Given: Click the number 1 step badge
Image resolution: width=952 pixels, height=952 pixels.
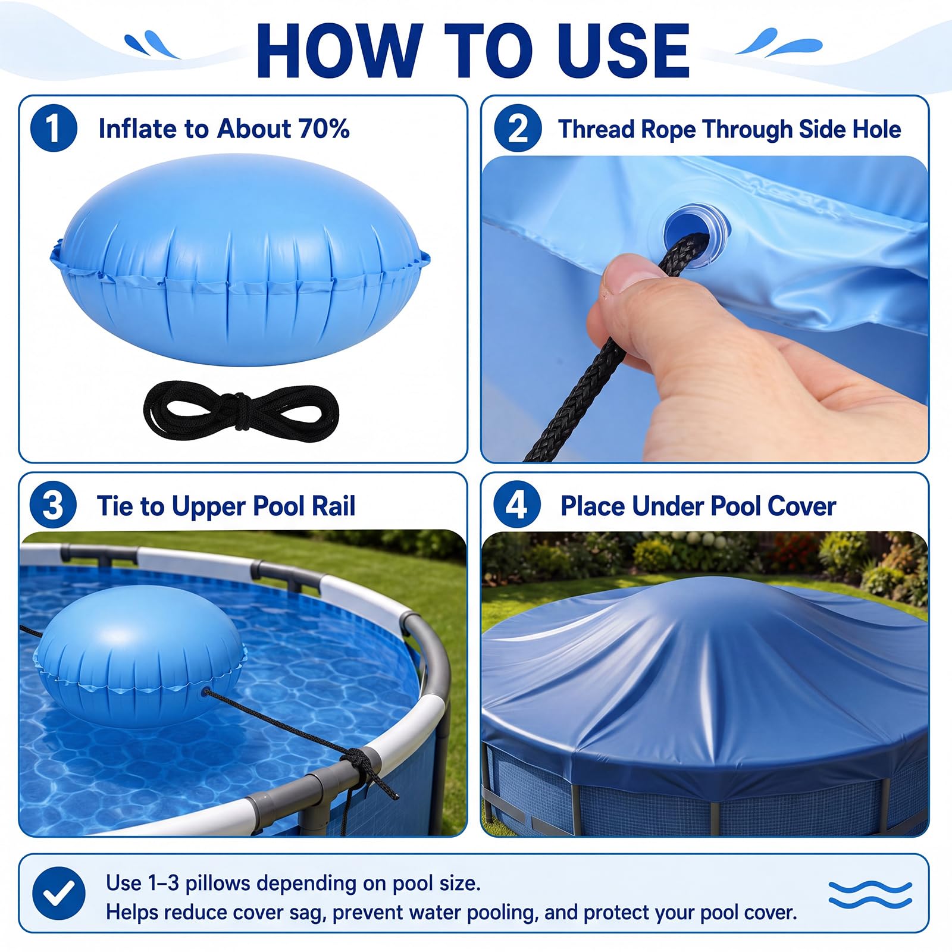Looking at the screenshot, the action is click(x=54, y=129).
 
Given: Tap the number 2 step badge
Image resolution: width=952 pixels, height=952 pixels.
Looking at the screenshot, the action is click(x=518, y=129).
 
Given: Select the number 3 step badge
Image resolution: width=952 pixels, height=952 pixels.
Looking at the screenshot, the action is click(x=53, y=505).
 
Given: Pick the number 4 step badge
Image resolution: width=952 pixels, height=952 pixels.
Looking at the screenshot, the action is click(x=516, y=505).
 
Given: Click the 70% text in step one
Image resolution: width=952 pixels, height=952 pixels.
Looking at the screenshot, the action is click(x=324, y=129).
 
